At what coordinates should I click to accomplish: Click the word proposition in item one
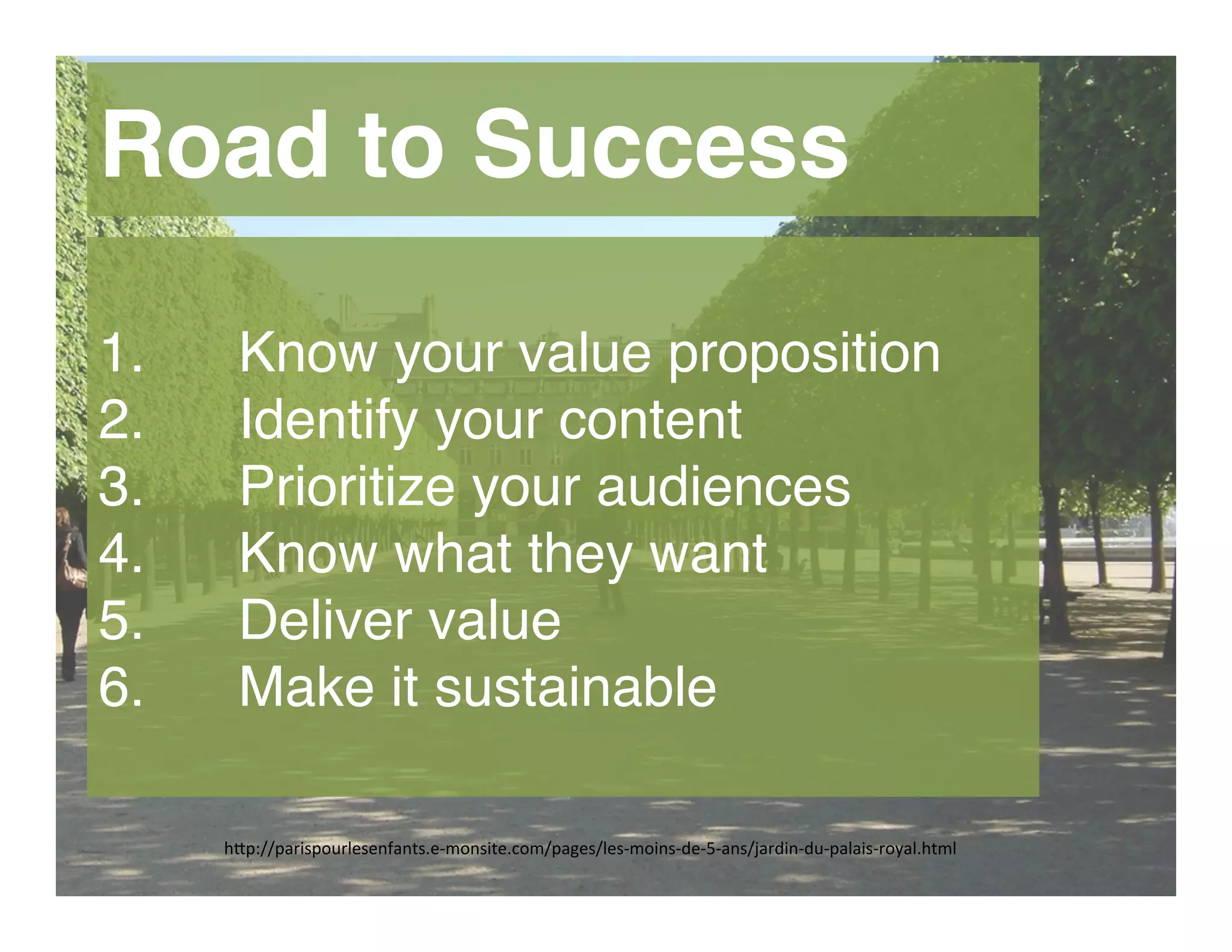[x=804, y=355]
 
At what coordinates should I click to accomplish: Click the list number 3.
[x=121, y=487]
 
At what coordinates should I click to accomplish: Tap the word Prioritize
[x=347, y=487]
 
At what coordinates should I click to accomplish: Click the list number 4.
[x=121, y=554]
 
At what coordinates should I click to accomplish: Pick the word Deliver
[x=325, y=620]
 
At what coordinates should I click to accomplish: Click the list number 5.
[x=121, y=620]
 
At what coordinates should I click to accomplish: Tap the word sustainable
[x=575, y=687]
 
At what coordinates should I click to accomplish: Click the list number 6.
[x=121, y=687]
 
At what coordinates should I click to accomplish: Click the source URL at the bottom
[x=590, y=849]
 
